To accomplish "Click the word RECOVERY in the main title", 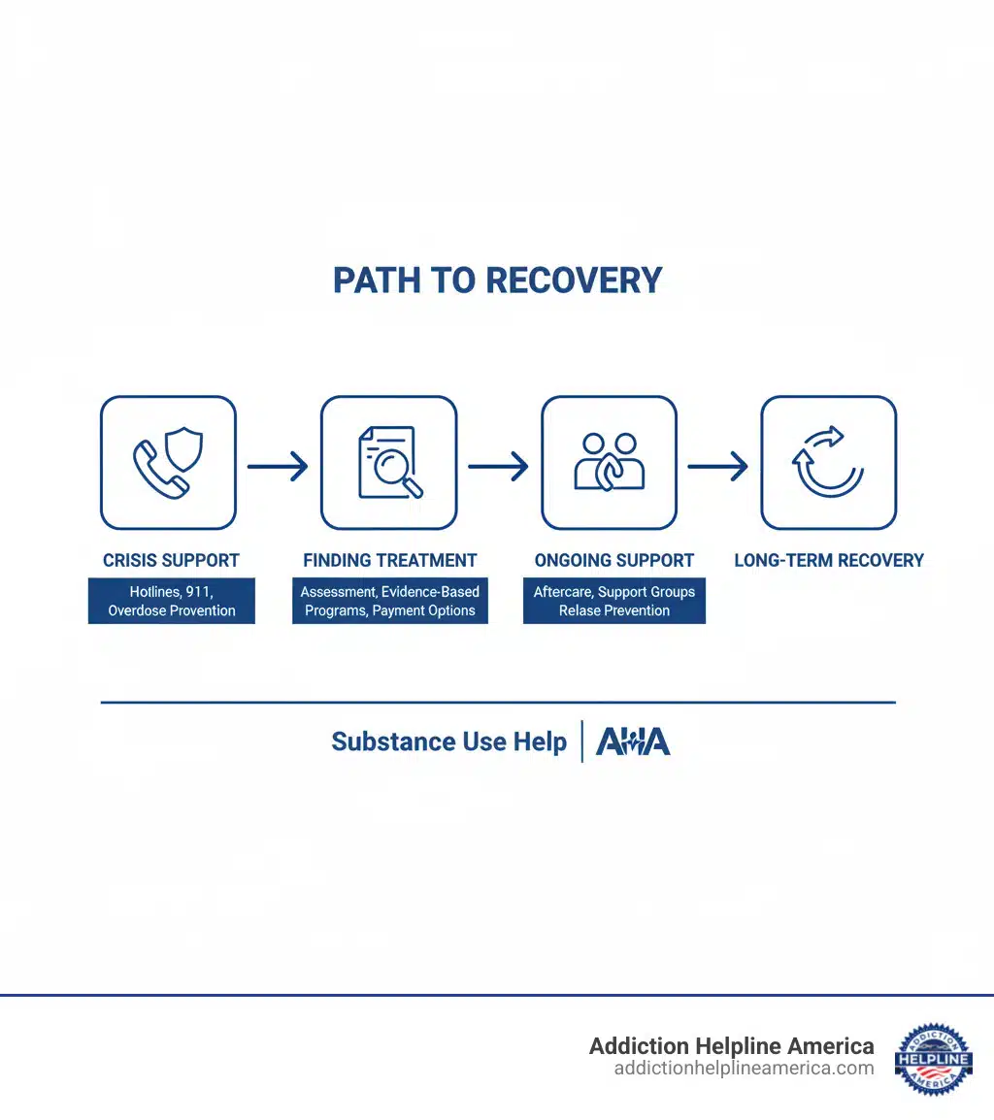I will (x=574, y=280).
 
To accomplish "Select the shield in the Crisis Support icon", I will (x=184, y=449).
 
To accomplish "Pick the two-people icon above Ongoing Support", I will (x=610, y=462).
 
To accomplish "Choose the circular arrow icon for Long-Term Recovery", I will (x=828, y=463).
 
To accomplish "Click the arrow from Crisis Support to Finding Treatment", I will (x=278, y=467).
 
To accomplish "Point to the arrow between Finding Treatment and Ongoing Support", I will (x=498, y=467).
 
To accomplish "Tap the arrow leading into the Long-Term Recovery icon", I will (x=718, y=467).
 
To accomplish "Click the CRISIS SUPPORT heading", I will (x=171, y=560).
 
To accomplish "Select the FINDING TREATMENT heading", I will (x=390, y=560).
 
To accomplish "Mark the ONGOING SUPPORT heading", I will (x=614, y=560).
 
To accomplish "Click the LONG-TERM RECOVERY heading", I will (x=829, y=560).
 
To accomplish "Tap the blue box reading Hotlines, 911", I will (x=172, y=601).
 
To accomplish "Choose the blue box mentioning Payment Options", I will (x=390, y=601).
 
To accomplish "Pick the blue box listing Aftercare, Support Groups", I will (x=614, y=601).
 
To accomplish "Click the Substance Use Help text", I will (x=448, y=741).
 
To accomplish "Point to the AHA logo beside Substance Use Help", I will (x=633, y=741).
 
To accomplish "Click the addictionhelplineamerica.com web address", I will (x=744, y=1069).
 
